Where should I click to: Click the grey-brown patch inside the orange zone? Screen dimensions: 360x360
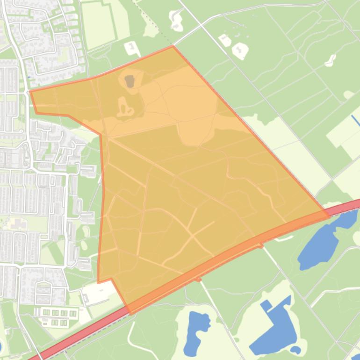coord(130,81)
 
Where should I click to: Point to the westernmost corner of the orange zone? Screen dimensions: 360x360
coord(30,92)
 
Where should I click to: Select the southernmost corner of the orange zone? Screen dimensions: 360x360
coord(130,313)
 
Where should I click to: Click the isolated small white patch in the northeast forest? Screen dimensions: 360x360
coord(331,60)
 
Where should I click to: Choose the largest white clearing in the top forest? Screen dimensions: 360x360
coord(240,50)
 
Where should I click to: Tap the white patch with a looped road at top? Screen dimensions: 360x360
coord(176,20)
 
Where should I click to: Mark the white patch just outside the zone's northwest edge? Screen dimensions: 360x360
coord(131,47)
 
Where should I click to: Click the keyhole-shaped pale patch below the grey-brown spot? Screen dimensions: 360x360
coord(123,108)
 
